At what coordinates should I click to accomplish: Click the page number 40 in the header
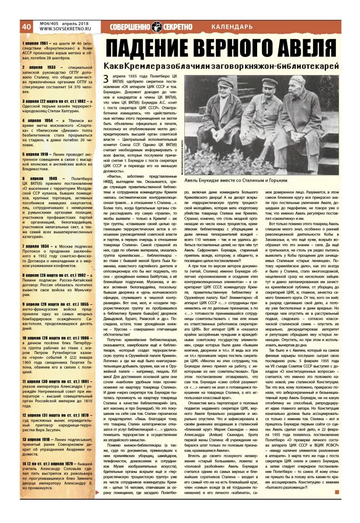pyautogui.click(x=26, y=27)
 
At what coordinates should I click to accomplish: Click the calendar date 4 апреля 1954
pyautogui.click(x=37, y=120)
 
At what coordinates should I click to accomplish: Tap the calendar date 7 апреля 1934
pyautogui.click(x=37, y=246)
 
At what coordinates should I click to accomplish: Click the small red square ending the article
pyautogui.click(x=336, y=492)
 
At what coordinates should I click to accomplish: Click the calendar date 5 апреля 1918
pyautogui.click(x=36, y=154)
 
